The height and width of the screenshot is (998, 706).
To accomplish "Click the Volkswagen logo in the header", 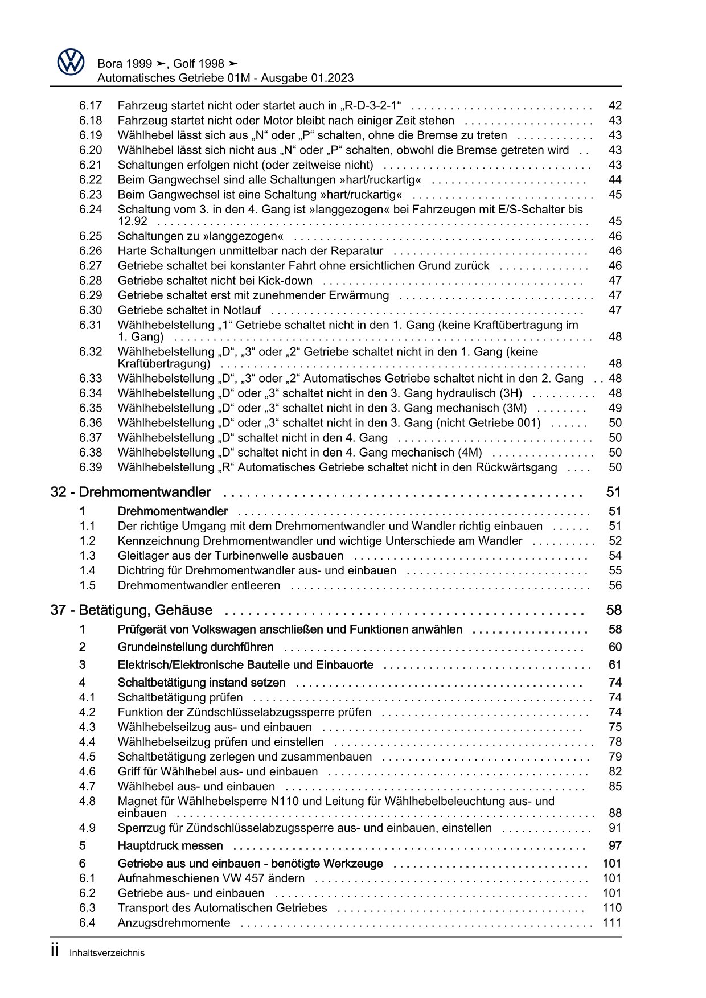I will tap(71, 61).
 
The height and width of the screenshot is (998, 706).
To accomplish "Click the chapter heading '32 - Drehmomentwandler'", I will tap(130, 492).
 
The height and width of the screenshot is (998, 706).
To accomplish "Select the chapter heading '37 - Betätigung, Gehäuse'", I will tap(131, 610).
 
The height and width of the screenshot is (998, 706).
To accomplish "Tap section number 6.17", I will tap(91, 105).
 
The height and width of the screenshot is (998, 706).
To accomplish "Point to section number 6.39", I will tap(91, 467).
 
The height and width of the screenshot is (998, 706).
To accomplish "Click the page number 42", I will tap(615, 105).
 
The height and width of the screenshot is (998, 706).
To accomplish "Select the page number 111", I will tap(612, 923).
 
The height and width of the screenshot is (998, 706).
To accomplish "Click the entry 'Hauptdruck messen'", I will tap(170, 846).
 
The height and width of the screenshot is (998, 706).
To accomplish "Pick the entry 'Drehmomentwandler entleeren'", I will tap(199, 585).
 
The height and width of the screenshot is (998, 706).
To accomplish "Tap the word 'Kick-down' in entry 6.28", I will tap(285, 281).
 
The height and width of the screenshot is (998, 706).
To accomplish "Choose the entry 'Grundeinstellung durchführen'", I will tap(195, 647).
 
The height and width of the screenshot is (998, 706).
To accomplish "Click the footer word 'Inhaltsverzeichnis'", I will tap(107, 953).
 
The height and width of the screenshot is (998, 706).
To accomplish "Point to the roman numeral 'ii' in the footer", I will tap(55, 951).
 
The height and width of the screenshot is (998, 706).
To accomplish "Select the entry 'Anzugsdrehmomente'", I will tap(174, 923).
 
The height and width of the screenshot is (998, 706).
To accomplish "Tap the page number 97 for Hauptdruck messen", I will tap(615, 846).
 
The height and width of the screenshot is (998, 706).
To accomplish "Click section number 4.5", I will tap(87, 757).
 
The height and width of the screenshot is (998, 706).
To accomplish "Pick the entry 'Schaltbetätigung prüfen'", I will tap(180, 697).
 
